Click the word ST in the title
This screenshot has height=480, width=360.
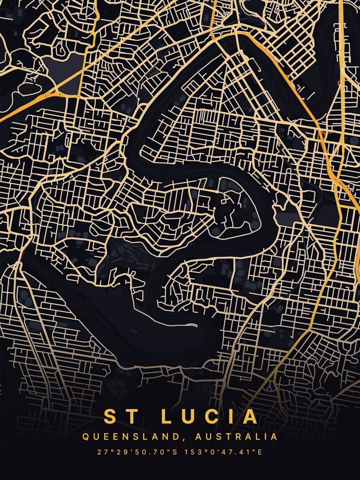pos(118,416)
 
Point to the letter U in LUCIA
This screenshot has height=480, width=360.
pos(188,416)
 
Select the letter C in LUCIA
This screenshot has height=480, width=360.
pos(211,416)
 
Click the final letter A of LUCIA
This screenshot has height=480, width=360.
pos(250,416)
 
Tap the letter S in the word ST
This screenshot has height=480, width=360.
pos(110,416)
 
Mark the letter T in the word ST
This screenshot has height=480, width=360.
pos(126,416)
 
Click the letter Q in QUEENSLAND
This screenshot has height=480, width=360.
pos(85,437)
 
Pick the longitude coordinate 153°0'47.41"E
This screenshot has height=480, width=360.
pos(224,452)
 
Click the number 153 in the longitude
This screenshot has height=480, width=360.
pos(192,452)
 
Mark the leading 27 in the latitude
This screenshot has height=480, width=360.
pos(100,452)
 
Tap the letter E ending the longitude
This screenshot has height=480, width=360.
pos(261,452)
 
